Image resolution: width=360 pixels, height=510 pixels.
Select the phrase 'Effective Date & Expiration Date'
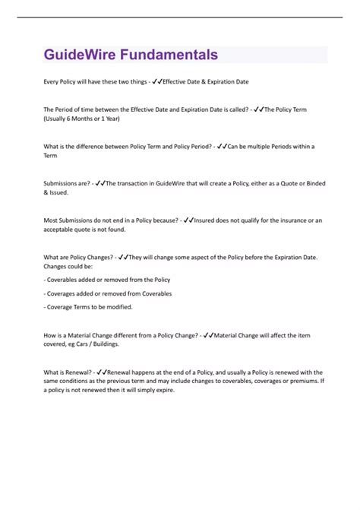(206, 81)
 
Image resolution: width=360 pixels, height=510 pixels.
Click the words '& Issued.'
(57, 192)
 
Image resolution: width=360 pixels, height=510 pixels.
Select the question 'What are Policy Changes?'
(79, 257)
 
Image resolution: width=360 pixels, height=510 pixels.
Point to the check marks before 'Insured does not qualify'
(188, 220)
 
